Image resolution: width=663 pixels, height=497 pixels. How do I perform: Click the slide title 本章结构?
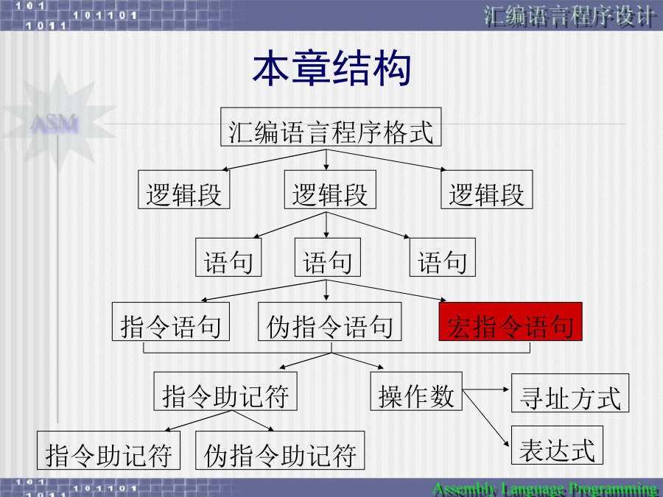coord(331,68)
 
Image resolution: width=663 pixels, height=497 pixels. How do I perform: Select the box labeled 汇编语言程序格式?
coord(331,127)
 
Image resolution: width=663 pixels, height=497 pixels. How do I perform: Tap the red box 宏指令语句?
coord(511,322)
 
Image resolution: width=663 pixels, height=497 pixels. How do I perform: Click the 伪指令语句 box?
coord(329,322)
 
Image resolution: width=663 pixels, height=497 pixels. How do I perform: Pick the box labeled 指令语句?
coord(170,322)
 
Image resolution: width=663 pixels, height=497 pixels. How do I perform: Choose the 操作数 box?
coord(416,392)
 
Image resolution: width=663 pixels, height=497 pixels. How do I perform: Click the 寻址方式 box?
coord(570,393)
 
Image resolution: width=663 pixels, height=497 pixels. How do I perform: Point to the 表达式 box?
coord(557,445)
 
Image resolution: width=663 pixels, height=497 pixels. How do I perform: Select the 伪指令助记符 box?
coord(280,451)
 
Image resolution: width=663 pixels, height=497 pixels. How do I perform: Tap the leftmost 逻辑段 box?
coord(183,190)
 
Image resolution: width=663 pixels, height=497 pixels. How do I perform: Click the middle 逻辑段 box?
coord(330,190)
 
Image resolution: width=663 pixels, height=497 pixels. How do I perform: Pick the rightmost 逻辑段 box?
coord(487,190)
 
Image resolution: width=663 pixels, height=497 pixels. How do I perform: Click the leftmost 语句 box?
coord(228,258)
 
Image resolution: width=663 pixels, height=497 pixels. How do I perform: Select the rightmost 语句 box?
coord(442,258)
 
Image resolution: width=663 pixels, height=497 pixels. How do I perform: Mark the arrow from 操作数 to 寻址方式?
coord(486,390)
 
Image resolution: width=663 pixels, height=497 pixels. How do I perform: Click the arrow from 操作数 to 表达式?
coord(486,418)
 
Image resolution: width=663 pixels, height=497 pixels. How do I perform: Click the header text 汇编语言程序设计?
coord(569,17)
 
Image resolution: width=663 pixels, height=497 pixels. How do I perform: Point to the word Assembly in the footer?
coord(464,490)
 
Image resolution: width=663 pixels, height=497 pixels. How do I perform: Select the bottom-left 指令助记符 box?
coord(108,451)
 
